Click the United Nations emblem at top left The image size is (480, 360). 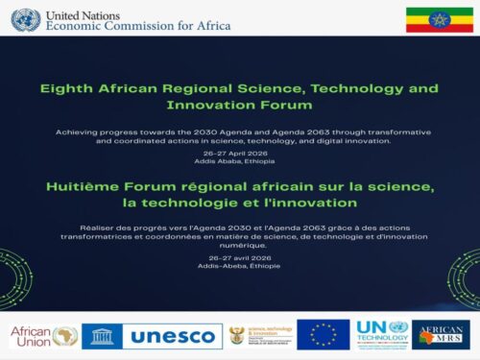(x=25, y=18)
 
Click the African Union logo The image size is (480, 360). (x=43, y=335)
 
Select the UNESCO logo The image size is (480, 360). (x=151, y=335)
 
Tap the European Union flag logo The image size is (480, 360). (x=323, y=334)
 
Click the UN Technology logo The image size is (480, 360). (x=382, y=334)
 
